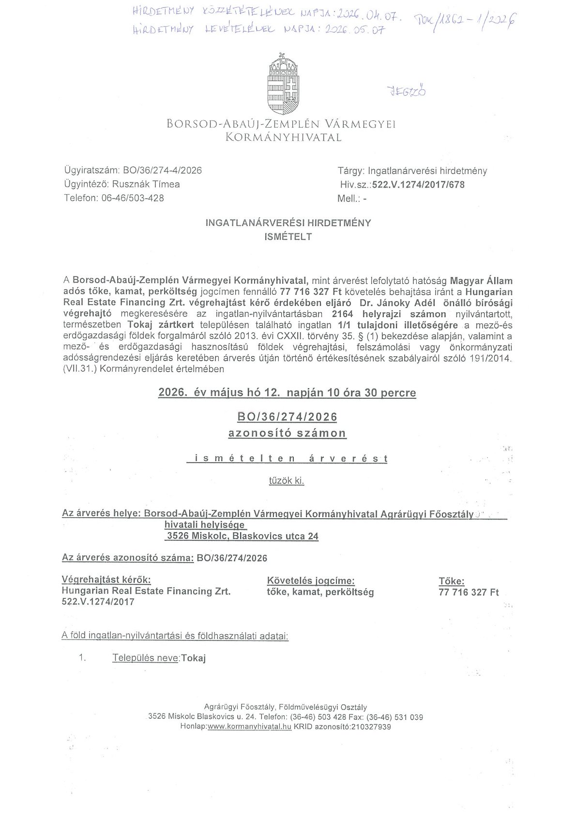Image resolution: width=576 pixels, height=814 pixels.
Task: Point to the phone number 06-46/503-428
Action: tap(133, 198)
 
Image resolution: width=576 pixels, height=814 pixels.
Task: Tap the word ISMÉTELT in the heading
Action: tap(288, 237)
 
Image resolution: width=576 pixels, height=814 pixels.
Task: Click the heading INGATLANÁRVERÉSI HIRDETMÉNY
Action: tap(288, 223)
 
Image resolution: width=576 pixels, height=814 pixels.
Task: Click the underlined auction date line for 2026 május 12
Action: tap(287, 393)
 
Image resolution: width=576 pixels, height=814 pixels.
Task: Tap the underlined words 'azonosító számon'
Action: tap(287, 433)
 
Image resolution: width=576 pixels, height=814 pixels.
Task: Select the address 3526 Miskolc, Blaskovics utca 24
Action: tap(243, 536)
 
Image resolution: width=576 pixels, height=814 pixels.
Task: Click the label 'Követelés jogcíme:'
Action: tap(311, 581)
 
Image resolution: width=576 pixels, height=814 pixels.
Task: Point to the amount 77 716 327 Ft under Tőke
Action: tap(468, 592)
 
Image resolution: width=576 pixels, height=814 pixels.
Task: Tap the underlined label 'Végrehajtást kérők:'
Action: tap(106, 580)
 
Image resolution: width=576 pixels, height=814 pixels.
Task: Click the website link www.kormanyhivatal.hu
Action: tap(249, 727)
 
